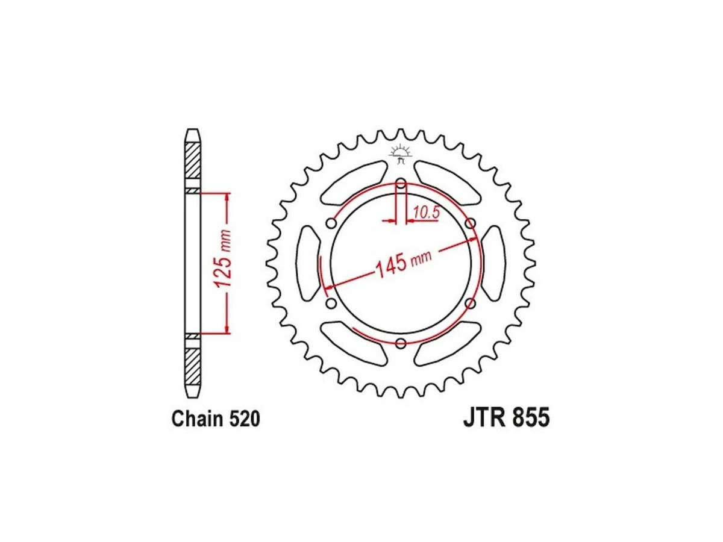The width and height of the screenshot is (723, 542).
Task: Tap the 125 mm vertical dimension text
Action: (223, 260)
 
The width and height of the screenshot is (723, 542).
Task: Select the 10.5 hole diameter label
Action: (426, 213)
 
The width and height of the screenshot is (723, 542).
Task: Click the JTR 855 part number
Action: (506, 417)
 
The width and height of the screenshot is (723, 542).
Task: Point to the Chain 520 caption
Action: (216, 419)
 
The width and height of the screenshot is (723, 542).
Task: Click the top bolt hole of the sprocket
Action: (401, 184)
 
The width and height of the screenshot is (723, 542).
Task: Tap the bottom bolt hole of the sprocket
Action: (401, 343)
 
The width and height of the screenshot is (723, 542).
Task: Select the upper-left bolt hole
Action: (331, 224)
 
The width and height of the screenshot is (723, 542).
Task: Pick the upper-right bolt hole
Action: (471, 224)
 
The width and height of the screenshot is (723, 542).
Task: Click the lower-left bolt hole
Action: (331, 303)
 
